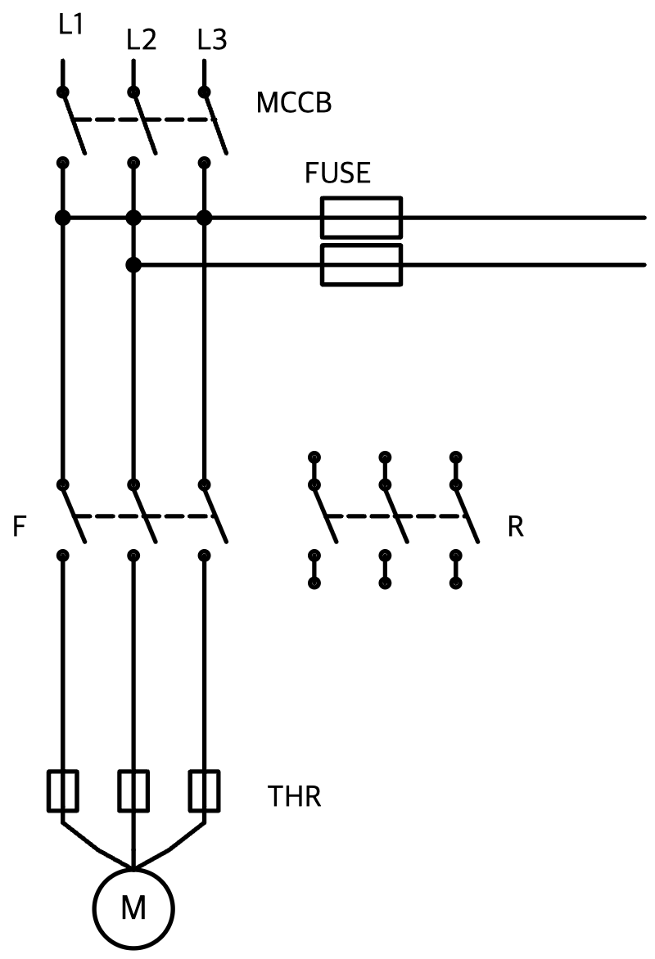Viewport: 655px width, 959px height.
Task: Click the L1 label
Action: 71,24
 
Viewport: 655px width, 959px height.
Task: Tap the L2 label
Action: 142,39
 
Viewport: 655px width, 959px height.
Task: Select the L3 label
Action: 212,39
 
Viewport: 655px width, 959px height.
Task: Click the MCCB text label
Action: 294,103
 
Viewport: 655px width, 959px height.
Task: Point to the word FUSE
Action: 338,173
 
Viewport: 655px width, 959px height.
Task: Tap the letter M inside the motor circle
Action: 133,907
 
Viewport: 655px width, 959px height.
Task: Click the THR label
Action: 295,796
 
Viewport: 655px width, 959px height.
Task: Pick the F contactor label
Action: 20,526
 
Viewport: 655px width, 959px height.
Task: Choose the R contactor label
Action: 516,526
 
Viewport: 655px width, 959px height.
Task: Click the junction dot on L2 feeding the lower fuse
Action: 133,265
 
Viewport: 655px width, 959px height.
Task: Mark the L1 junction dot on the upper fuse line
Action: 62,217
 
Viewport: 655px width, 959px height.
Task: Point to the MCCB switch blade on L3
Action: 215,122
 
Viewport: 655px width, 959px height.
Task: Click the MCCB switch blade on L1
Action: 74,122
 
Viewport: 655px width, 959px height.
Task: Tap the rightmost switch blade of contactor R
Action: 467,513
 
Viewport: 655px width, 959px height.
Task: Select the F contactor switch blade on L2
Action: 144,513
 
